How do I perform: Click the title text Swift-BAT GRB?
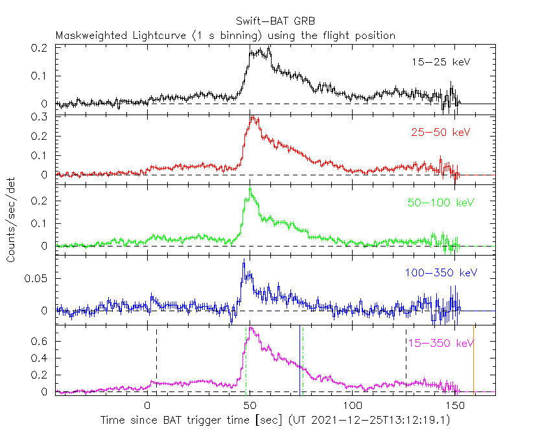pyautogui.click(x=275, y=21)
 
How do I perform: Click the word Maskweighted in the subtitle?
pyautogui.click(x=91, y=36)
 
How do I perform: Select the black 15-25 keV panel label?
pyautogui.click(x=441, y=62)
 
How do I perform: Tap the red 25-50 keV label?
pyautogui.click(x=441, y=132)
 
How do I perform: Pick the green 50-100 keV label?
pyautogui.click(x=441, y=203)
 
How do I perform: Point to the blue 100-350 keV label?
pyautogui.click(x=441, y=272)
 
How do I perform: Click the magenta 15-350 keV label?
pyautogui.click(x=441, y=343)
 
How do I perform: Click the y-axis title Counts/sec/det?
pyautogui.click(x=11, y=220)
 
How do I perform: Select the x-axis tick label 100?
pyautogui.click(x=352, y=406)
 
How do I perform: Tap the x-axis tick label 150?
pyautogui.click(x=454, y=406)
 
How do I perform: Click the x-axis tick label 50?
pyautogui.click(x=250, y=406)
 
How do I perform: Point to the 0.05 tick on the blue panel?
pyautogui.click(x=36, y=279)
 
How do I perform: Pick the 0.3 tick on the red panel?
pyautogui.click(x=39, y=117)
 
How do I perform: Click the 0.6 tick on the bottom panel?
pyautogui.click(x=39, y=342)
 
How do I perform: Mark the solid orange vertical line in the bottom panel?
pyautogui.click(x=473, y=360)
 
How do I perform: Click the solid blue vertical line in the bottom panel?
pyautogui.click(x=299, y=360)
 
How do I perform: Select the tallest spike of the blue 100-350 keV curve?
pyautogui.click(x=244, y=259)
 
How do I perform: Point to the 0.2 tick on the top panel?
pyautogui.click(x=39, y=48)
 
